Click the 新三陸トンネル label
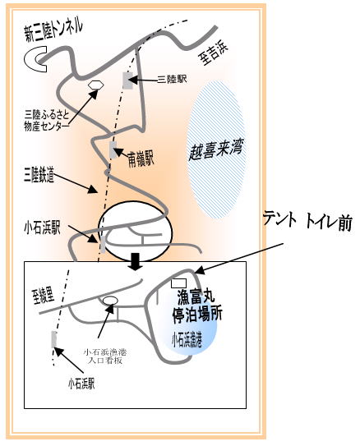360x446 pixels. point(53,30)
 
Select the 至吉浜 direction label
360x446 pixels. point(214,54)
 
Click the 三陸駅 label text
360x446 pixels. point(172,80)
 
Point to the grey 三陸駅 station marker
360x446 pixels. point(127,80)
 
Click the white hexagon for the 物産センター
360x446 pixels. point(95,85)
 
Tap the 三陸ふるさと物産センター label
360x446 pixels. point(47,121)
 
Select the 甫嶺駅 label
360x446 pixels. point(141,159)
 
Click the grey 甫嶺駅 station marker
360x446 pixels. point(113,149)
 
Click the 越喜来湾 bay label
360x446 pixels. point(216,150)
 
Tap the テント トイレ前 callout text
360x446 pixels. point(307,221)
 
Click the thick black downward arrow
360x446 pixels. point(136,262)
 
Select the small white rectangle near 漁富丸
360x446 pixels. point(178,283)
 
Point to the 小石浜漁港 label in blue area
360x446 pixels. point(187,339)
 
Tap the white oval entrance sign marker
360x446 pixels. point(110,301)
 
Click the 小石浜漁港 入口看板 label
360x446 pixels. point(105,356)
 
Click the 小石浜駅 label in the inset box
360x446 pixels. point(81,384)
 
